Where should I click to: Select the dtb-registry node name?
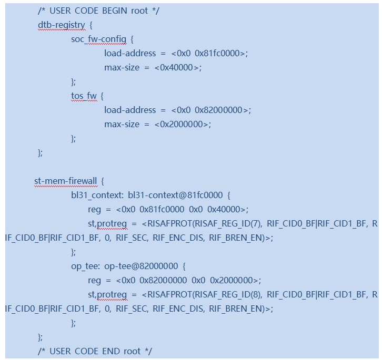point(62,25)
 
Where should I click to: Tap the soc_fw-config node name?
point(99,39)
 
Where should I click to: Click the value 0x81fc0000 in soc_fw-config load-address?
point(217,53)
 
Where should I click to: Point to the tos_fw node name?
point(84,96)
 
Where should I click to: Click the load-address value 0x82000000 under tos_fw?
point(218,110)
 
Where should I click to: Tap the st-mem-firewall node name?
point(66,181)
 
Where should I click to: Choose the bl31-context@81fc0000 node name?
point(175,195)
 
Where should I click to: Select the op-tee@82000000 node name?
point(141,266)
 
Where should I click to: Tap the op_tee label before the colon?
point(84,266)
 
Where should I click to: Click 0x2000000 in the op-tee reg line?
point(232,280)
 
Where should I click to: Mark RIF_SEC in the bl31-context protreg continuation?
point(132,238)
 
